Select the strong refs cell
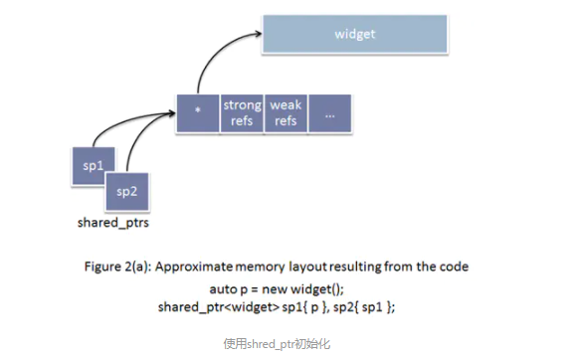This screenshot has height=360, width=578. [242, 113]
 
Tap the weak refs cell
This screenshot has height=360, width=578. [286, 113]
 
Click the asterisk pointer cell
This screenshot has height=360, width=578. [198, 113]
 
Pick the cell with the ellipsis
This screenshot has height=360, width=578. [329, 113]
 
